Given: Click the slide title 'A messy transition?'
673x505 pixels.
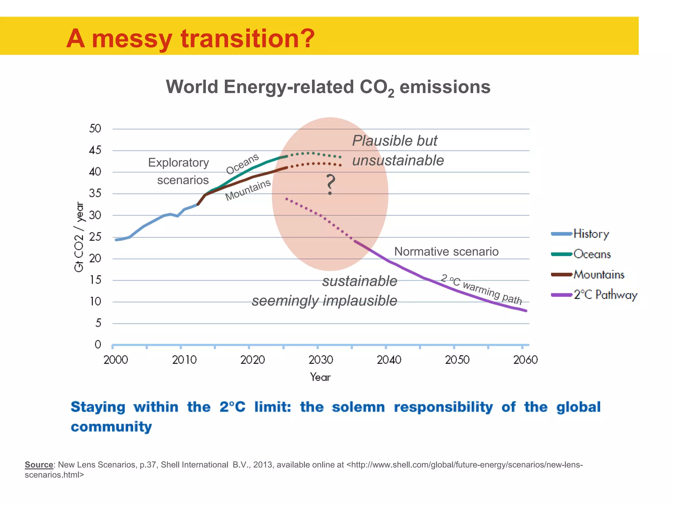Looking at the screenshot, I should click(190, 38).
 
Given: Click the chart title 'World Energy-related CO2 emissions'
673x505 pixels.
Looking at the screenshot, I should click(328, 87).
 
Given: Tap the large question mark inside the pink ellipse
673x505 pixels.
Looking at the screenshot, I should click(330, 184).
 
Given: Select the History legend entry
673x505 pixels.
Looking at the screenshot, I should click(591, 234).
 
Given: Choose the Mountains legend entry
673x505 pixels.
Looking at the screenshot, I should click(598, 275).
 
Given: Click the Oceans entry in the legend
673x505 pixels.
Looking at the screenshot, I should click(592, 254).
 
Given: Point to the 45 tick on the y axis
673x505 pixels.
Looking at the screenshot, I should click(95, 151).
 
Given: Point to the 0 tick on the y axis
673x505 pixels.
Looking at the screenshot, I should click(98, 345).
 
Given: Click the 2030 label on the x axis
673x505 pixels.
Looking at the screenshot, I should click(320, 360).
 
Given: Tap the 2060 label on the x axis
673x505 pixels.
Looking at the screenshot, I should click(525, 360).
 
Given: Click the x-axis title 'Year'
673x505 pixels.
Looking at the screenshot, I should click(320, 377).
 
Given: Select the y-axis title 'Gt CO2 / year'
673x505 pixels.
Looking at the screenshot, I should click(79, 237).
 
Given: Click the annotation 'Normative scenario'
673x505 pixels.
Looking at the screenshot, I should click(446, 252).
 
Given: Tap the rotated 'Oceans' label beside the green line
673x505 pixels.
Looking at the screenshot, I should click(243, 164).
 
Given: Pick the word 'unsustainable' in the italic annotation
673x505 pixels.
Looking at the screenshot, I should click(398, 160).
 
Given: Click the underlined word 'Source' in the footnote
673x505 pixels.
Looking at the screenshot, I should click(39, 465).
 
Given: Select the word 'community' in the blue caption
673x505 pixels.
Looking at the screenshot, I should click(111, 427).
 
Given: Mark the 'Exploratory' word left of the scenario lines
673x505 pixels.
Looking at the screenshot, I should click(178, 163).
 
